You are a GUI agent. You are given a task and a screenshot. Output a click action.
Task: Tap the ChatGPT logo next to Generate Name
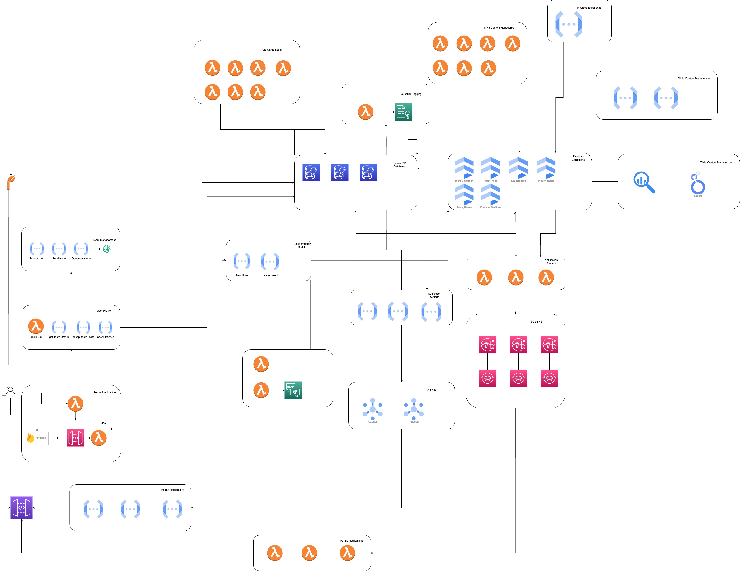coord(107,249)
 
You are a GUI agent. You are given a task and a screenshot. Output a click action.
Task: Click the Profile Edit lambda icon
coord(36,327)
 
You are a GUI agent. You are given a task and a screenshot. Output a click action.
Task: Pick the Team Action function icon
coord(37,249)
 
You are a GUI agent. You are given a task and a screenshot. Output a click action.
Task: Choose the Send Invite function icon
coord(59,249)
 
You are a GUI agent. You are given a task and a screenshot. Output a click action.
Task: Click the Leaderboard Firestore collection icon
coord(518,168)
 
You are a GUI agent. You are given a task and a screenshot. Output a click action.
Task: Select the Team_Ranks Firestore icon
coord(464,194)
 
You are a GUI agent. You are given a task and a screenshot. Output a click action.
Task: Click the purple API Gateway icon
coord(21,508)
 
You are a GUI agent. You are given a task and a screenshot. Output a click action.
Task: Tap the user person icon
coord(11,393)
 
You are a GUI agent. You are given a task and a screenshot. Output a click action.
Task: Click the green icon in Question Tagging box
coord(403,112)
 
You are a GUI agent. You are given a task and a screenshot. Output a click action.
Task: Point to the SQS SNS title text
coord(536,322)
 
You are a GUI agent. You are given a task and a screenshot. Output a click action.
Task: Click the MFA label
coord(103,423)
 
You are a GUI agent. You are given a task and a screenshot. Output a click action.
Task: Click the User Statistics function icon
coord(105,327)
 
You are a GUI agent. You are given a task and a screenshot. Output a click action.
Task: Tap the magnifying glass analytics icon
coord(644,182)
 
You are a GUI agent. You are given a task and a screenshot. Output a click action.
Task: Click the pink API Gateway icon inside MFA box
coord(76,438)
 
